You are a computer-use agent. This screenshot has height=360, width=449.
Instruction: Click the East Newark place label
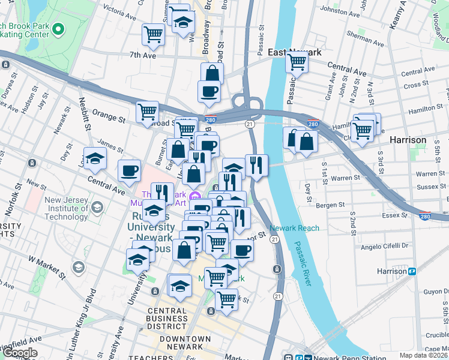(x=295, y=52)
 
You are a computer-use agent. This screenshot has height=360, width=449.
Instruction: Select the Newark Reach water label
(x=294, y=228)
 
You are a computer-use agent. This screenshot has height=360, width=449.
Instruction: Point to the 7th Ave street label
(x=142, y=55)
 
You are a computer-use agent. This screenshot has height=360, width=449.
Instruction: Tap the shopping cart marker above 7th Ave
(x=153, y=34)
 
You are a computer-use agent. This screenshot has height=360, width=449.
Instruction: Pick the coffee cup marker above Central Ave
(x=129, y=170)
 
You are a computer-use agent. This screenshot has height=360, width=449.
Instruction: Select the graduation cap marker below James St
(x=95, y=158)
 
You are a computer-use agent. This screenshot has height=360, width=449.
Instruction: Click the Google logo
(x=20, y=353)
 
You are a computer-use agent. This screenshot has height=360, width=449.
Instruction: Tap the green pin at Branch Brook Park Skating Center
(x=58, y=28)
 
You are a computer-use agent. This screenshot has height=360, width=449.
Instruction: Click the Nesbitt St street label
(x=84, y=116)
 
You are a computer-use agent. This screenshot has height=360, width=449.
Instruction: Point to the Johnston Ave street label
(x=343, y=10)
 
